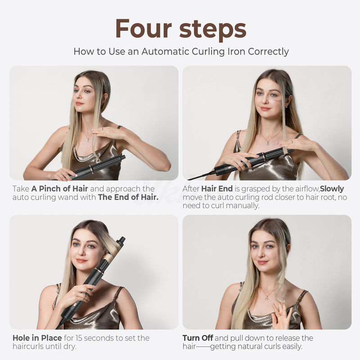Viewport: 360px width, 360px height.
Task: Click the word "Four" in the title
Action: [x=144, y=28]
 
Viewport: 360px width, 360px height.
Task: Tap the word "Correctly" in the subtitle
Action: [x=265, y=51]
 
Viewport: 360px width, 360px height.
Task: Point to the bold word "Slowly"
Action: [x=332, y=189]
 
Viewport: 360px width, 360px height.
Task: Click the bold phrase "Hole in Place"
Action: [x=38, y=338]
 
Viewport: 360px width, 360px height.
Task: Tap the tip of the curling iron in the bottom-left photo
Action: [x=121, y=240]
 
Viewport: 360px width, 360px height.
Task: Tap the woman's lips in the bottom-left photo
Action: [x=81, y=261]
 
